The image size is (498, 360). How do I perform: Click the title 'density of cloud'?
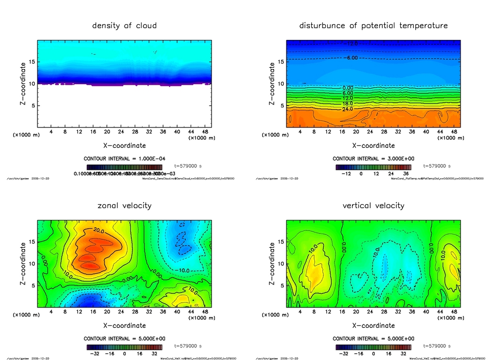tap(124, 25)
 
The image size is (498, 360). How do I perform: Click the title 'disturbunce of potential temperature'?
tap(373, 25)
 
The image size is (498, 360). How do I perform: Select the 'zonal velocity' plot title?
tap(124, 205)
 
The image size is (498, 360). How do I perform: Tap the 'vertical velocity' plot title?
tap(373, 205)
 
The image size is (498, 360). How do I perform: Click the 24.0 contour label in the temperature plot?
tap(348, 109)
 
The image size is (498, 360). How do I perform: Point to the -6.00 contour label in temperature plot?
tap(351, 58)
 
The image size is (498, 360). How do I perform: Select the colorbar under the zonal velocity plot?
tap(124, 347)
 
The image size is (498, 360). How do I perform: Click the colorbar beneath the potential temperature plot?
tap(373, 167)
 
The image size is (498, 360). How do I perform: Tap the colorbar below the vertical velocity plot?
tap(373, 347)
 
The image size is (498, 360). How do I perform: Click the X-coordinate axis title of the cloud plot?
tap(124, 145)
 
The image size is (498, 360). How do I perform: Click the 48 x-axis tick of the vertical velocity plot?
tap(454, 312)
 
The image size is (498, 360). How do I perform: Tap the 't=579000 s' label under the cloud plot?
tap(188, 166)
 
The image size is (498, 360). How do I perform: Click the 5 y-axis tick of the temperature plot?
tap(280, 106)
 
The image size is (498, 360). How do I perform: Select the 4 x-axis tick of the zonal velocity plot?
tap(51, 312)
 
